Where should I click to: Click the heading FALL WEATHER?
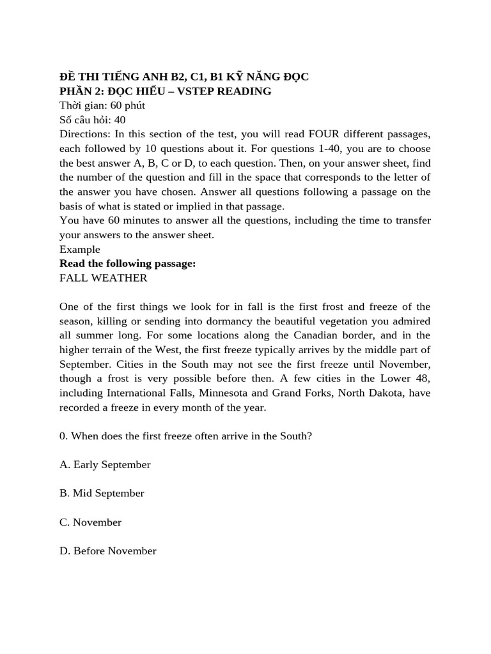[x=103, y=278]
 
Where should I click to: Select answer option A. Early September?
[x=105, y=464]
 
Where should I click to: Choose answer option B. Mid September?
[x=102, y=493]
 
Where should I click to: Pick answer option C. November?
[x=90, y=522]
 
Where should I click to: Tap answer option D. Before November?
[x=107, y=551]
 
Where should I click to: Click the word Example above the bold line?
[x=80, y=249]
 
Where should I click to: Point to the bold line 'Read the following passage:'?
[x=127, y=263]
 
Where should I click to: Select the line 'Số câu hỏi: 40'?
[x=92, y=119]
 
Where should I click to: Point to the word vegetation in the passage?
[x=347, y=321]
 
